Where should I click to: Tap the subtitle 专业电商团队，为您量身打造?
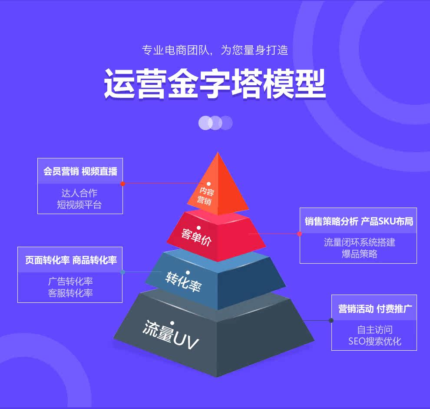tap(215, 50)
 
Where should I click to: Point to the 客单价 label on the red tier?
tap(196, 237)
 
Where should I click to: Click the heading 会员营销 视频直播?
tap(80, 171)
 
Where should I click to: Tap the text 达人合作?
tap(79, 193)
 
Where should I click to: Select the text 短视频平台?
tap(79, 204)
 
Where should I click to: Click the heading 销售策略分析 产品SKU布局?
tap(358, 221)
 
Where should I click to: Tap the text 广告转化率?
tap(70, 282)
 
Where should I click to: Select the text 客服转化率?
tap(70, 293)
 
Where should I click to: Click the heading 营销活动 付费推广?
tap(375, 308)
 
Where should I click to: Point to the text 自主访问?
tap(374, 330)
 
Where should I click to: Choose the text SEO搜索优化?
tap(374, 342)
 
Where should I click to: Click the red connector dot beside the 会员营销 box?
tap(123, 184)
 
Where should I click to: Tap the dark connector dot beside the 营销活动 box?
tap(331, 321)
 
